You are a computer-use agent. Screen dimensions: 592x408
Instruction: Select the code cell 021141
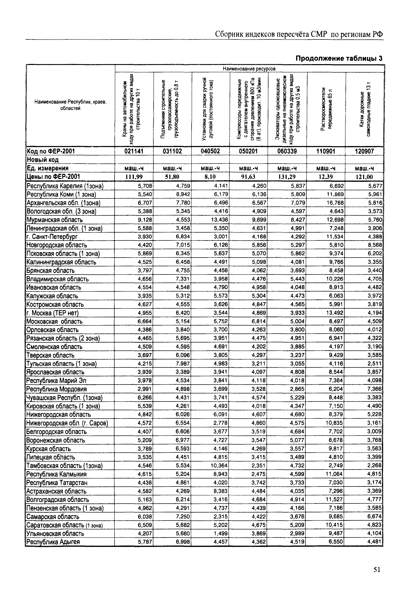click(134, 151)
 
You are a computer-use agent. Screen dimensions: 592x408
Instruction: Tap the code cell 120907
click(364, 151)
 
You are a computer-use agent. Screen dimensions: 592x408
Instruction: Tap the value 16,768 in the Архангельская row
click(335, 203)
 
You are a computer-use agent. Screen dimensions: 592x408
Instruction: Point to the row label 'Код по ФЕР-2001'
click(51, 151)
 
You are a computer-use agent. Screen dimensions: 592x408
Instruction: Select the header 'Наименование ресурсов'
click(249, 69)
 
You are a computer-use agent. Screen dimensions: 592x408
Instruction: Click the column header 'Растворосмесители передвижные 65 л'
click(326, 109)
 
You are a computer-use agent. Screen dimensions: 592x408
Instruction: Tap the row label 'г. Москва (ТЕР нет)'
click(52, 313)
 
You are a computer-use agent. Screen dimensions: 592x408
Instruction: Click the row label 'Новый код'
click(43, 160)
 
